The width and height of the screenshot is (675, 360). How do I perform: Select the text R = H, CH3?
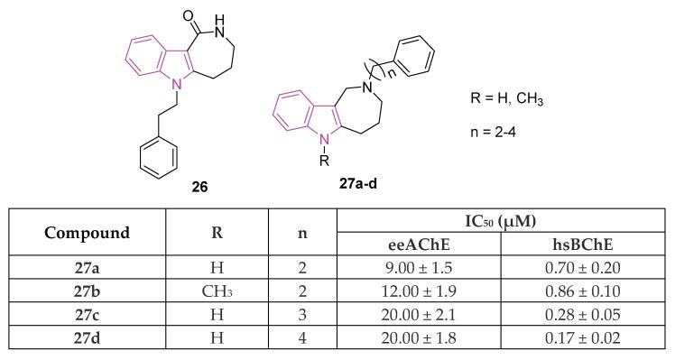coord(511,98)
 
